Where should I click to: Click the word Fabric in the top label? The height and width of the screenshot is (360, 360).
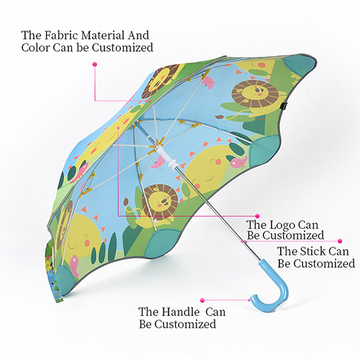point(61,35)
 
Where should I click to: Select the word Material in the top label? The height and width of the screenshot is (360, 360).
point(102,35)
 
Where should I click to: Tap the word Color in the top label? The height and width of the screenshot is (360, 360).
point(35,48)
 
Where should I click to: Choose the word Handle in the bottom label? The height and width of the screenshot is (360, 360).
point(180,312)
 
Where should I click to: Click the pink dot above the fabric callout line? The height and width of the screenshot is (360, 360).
point(95,64)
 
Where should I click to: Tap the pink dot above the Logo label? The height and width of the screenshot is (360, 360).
point(257,216)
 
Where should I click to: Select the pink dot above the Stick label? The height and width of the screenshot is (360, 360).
point(340,241)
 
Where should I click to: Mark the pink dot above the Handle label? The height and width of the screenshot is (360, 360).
point(202,300)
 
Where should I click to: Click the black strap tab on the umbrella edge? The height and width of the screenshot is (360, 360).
point(284,106)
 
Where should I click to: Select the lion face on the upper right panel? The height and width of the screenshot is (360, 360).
point(255,94)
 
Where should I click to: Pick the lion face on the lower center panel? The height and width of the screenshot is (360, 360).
point(160,199)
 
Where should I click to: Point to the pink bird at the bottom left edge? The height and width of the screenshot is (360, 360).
point(75,265)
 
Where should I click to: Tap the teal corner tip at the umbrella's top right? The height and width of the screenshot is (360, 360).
point(302,64)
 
